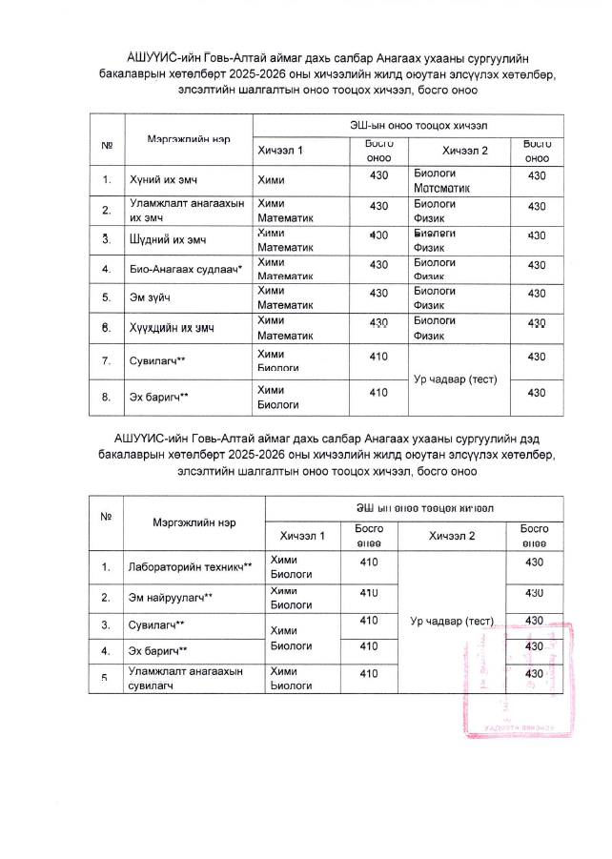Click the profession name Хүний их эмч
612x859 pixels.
(x=165, y=177)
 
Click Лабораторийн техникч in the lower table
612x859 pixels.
(x=190, y=567)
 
